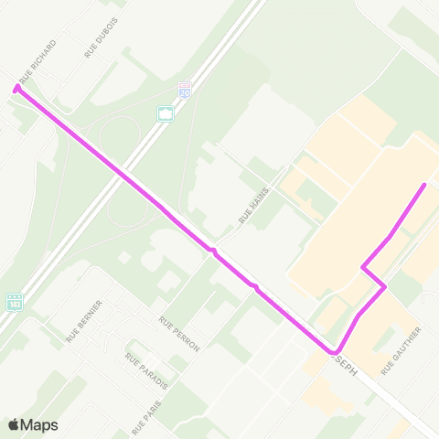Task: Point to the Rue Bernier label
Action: click(84, 321)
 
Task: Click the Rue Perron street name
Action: click(178, 335)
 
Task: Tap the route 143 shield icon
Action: click(14, 301)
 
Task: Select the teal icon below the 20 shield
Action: click(166, 113)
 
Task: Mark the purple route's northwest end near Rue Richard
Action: click(16, 89)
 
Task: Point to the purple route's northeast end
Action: click(424, 186)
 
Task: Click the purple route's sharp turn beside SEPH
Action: click(335, 352)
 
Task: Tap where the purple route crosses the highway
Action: click(126, 174)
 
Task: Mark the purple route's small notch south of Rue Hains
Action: click(212, 249)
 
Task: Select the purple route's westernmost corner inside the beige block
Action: click(363, 268)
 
